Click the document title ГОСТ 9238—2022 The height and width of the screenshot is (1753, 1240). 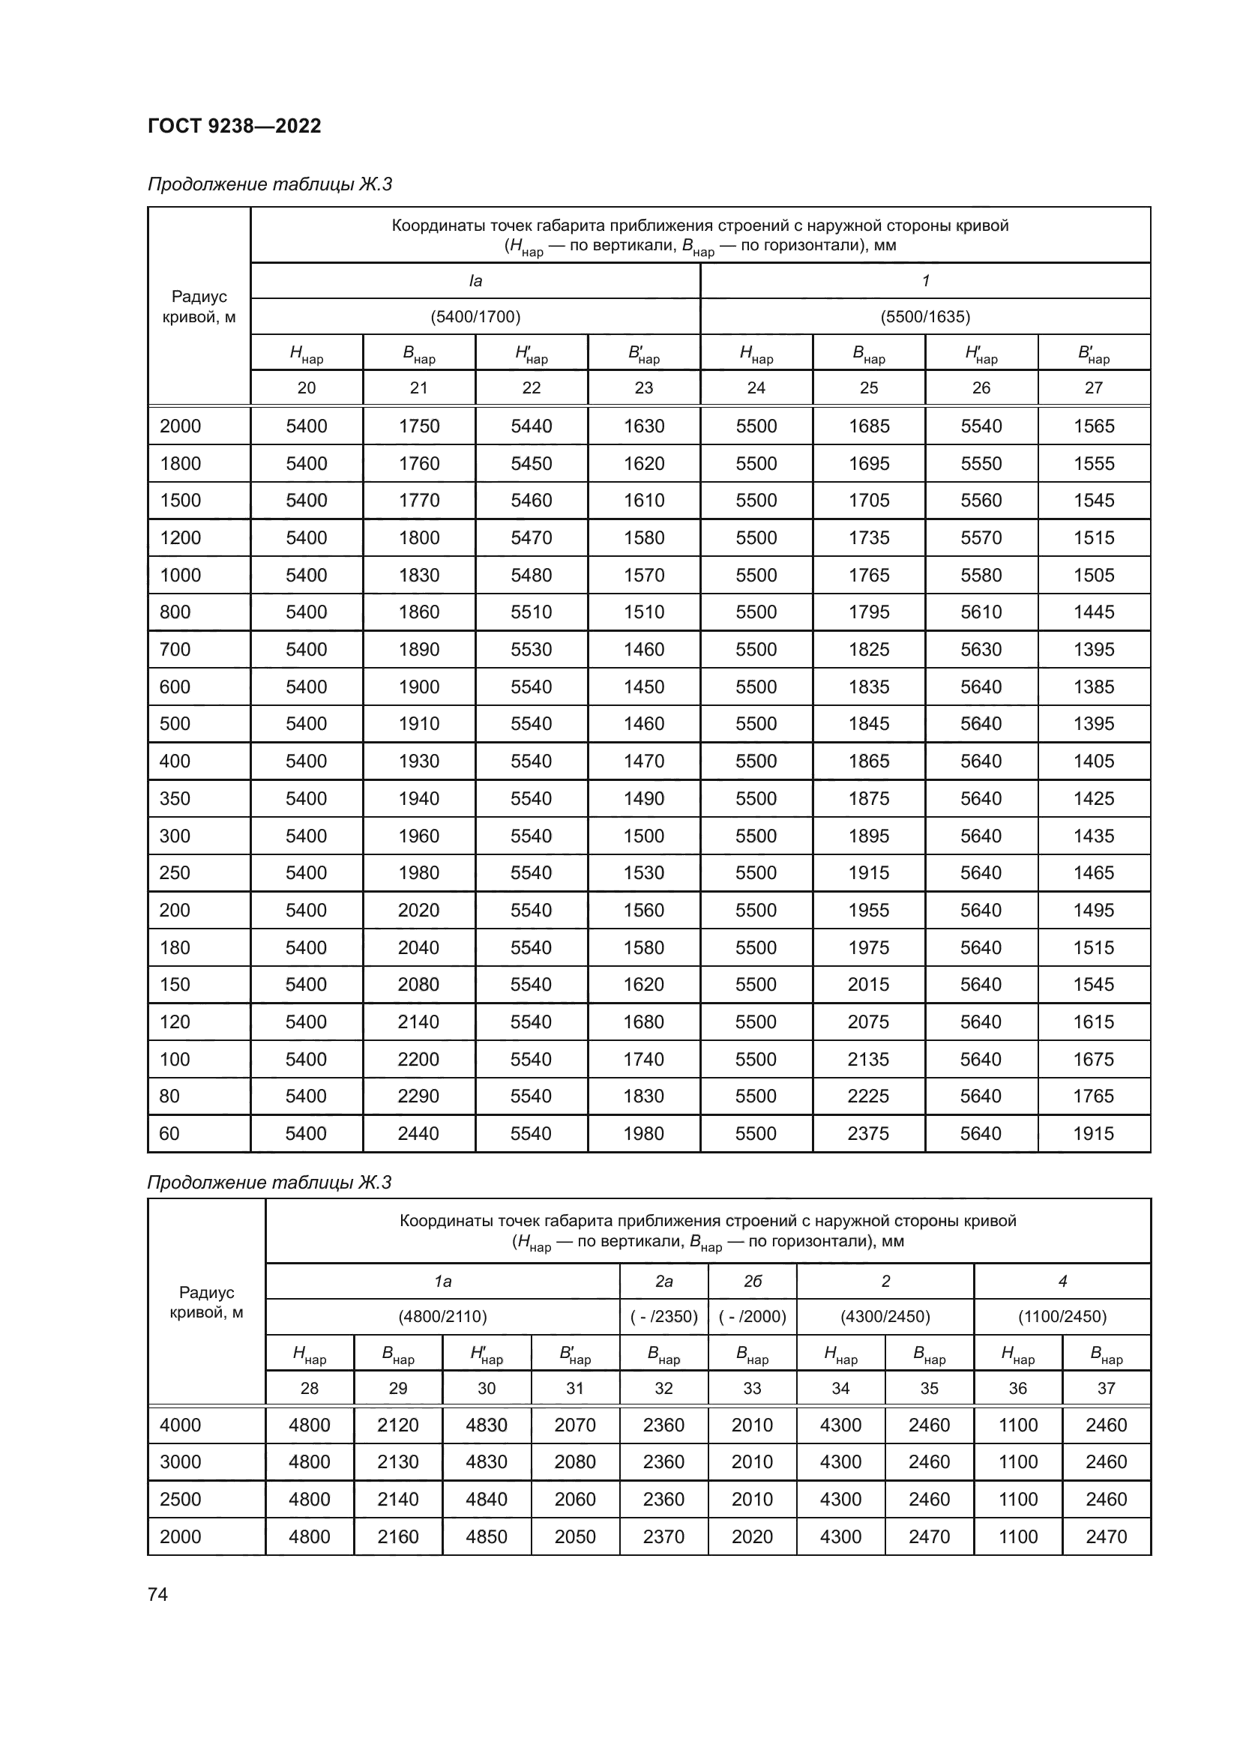[x=235, y=126]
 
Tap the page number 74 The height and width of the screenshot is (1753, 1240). [x=157, y=1594]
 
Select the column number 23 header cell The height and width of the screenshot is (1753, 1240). [x=644, y=388]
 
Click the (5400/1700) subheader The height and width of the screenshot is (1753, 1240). [x=475, y=317]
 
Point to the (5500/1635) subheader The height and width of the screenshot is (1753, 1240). [x=924, y=317]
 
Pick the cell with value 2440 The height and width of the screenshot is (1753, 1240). [x=418, y=1133]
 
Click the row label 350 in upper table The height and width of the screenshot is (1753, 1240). [x=175, y=798]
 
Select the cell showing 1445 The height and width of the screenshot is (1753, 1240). [x=1093, y=612]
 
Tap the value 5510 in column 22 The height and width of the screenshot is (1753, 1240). [x=531, y=612]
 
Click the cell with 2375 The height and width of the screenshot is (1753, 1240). [x=868, y=1133]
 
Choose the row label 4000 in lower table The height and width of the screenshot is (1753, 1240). [x=180, y=1425]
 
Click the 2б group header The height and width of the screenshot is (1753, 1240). [x=752, y=1281]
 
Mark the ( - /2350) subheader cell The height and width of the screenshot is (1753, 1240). [x=663, y=1316]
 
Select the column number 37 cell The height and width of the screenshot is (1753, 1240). [x=1106, y=1388]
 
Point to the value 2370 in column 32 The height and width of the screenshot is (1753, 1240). [x=663, y=1536]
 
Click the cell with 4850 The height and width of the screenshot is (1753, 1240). [x=487, y=1536]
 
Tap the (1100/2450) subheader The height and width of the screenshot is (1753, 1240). [x=1062, y=1316]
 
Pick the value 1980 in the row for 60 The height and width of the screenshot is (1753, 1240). [x=644, y=1133]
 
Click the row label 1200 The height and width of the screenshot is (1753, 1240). [x=180, y=537]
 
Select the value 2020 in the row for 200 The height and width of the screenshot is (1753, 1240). [x=418, y=910]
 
